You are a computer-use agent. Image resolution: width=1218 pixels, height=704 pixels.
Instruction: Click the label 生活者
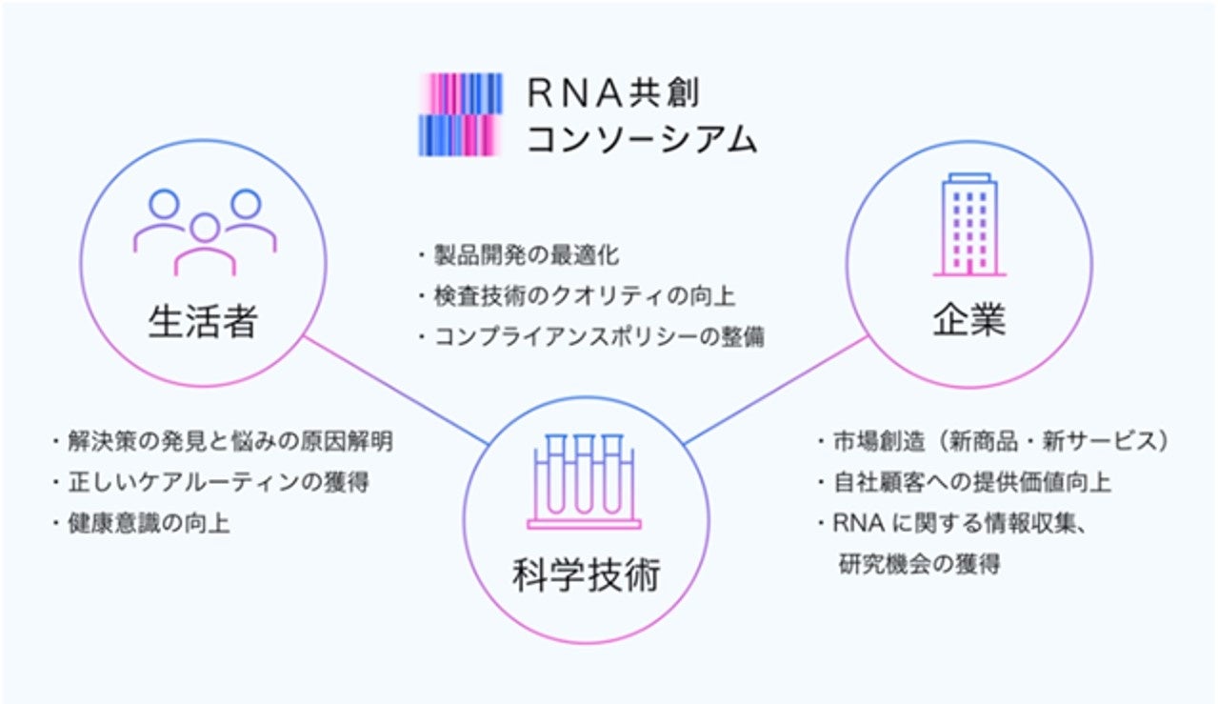coord(203,322)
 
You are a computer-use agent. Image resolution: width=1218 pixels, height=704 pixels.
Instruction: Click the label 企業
coord(968,320)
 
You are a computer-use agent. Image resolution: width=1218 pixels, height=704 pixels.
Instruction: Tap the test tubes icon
coord(585,481)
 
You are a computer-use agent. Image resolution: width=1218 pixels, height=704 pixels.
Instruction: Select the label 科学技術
coord(585,576)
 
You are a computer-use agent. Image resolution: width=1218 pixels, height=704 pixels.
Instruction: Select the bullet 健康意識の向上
coord(148,523)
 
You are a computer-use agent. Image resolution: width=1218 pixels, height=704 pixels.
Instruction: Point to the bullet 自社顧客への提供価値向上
coord(971,483)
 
